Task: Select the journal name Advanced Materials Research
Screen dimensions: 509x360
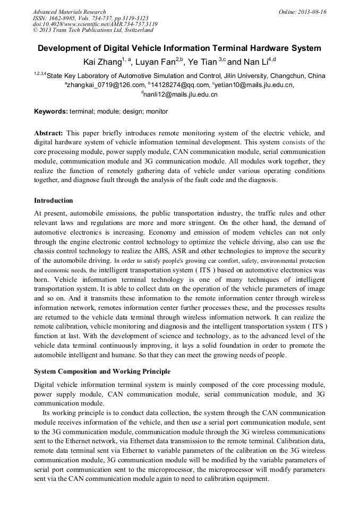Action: coord(69,12)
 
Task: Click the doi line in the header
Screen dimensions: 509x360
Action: coord(95,24)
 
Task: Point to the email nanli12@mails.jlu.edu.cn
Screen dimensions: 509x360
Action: coord(181,94)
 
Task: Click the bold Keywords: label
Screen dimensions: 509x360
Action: coord(51,111)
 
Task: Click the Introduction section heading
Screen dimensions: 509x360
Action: coord(54,201)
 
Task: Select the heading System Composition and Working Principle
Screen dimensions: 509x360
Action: coord(102,370)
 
